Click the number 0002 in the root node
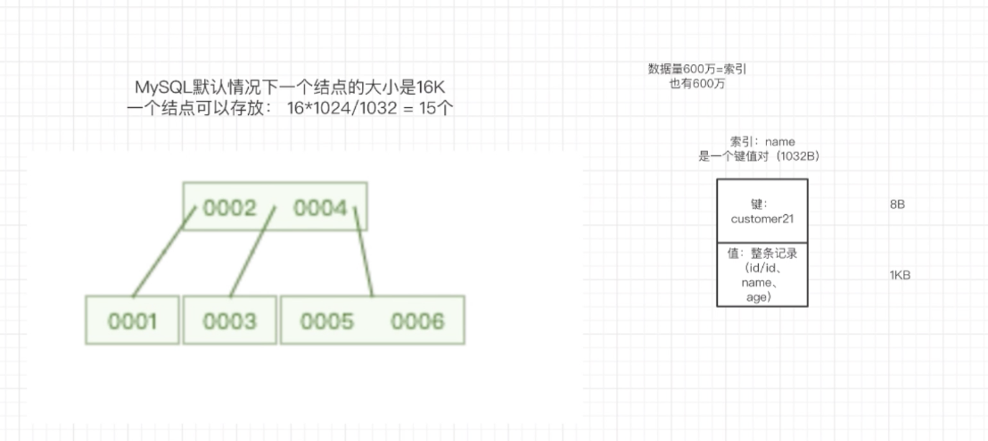point(229,208)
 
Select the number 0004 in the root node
point(320,208)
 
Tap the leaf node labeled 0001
point(132,320)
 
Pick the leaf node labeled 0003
point(228,320)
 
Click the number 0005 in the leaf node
point(327,320)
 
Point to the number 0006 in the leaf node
point(416,320)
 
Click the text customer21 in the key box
point(762,219)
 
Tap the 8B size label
point(897,204)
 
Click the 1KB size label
point(899,275)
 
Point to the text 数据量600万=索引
point(703,69)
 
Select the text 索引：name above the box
point(762,141)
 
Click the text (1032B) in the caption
point(798,155)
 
